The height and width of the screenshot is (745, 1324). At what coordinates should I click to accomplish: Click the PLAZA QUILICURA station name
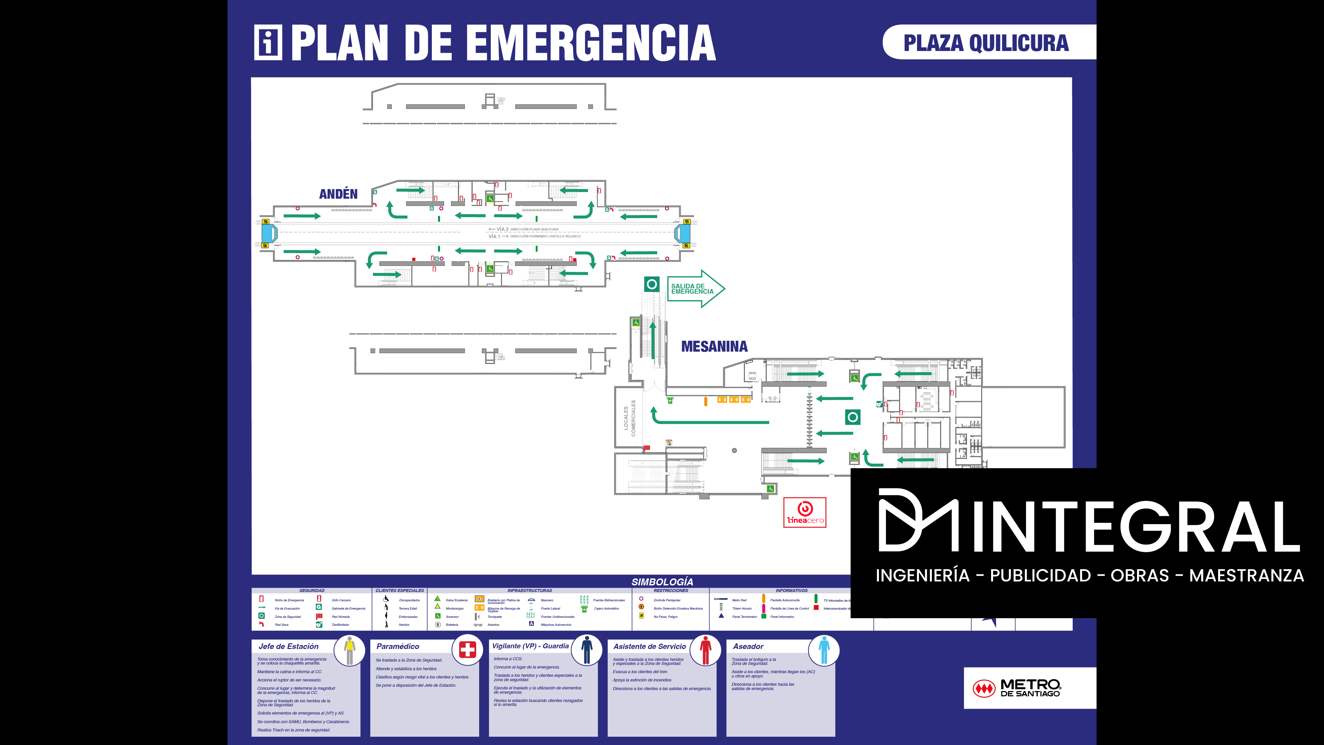(x=986, y=43)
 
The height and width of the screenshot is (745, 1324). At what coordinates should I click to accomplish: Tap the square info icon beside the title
(x=268, y=43)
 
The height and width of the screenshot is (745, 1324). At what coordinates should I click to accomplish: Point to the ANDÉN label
(x=338, y=194)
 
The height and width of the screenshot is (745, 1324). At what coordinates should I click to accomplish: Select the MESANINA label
(x=714, y=347)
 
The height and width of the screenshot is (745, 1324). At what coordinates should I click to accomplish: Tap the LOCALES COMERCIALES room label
(x=629, y=418)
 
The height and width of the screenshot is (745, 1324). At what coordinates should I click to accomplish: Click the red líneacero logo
(x=804, y=513)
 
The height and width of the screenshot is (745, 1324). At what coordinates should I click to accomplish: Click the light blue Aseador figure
(x=824, y=650)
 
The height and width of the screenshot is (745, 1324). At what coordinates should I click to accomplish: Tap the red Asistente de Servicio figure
(x=705, y=650)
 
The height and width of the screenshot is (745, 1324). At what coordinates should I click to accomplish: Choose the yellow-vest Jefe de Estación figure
(x=349, y=650)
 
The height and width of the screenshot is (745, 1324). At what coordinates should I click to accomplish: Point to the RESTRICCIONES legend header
(x=671, y=591)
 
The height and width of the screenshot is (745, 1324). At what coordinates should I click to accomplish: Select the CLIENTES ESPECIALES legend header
(x=399, y=591)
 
